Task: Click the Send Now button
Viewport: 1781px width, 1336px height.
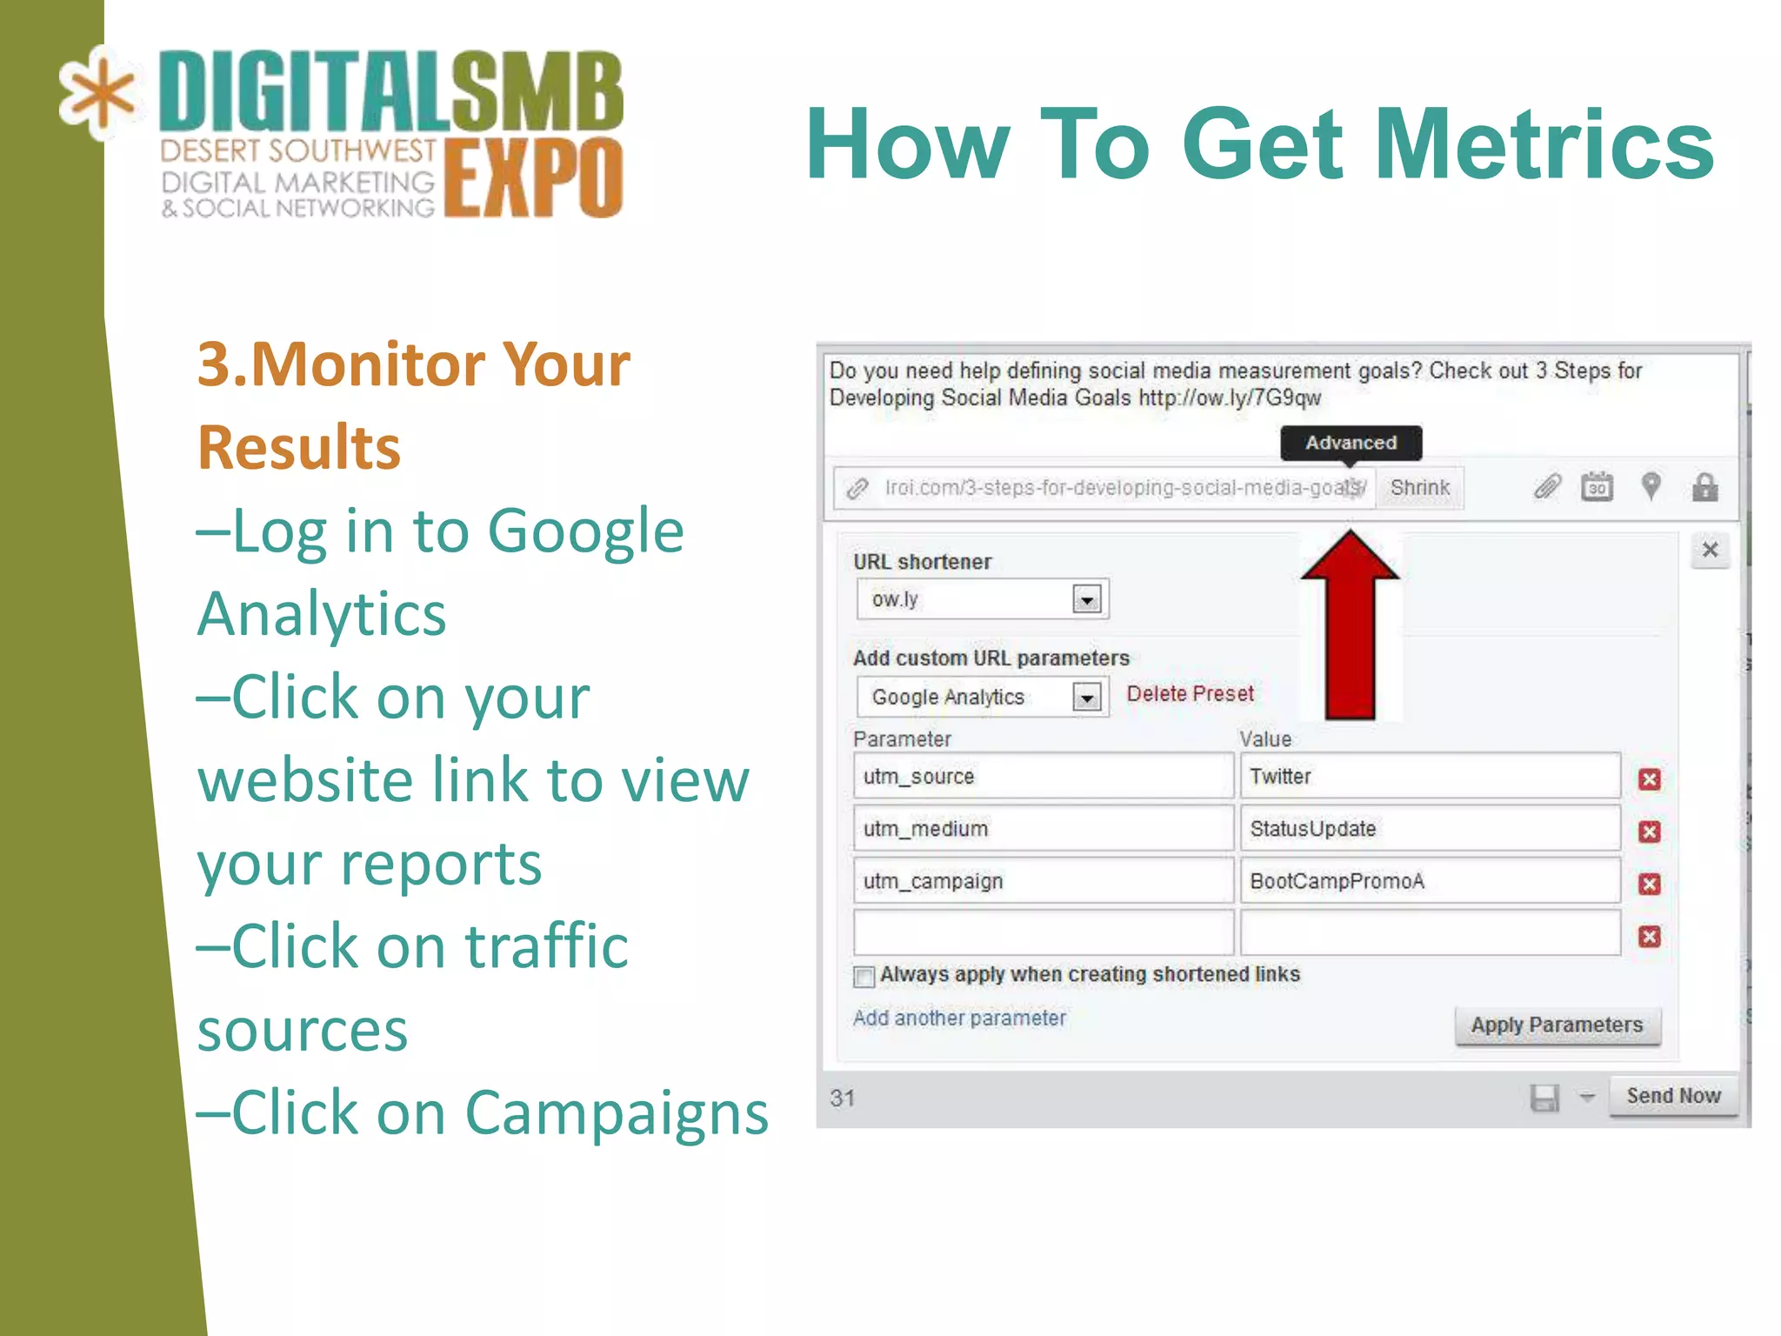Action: [1673, 1096]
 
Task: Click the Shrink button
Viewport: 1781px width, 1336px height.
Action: [1419, 488]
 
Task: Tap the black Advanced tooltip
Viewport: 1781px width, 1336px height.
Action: [1351, 443]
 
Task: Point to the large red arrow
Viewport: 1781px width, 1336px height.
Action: [1350, 635]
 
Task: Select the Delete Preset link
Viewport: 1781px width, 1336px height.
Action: [1190, 694]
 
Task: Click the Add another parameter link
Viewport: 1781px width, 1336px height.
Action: [959, 1019]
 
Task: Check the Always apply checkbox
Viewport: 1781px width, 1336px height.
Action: [864, 977]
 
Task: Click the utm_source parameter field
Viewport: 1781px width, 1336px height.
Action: [1042, 777]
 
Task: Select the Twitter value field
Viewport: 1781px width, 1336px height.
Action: [1430, 777]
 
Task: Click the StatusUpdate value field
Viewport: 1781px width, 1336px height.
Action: [1430, 829]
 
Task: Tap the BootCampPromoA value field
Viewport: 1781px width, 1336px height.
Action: [1430, 881]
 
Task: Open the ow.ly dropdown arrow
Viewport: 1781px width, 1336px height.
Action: [1087, 599]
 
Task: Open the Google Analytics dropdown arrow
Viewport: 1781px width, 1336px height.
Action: [1087, 698]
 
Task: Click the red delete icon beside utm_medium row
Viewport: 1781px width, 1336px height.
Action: [1649, 832]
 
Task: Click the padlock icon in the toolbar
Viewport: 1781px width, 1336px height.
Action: [1704, 487]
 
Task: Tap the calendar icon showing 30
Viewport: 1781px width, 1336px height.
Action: [1597, 487]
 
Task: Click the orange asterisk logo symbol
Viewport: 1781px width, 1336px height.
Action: [97, 94]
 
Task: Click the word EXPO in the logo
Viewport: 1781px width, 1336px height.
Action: [533, 178]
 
